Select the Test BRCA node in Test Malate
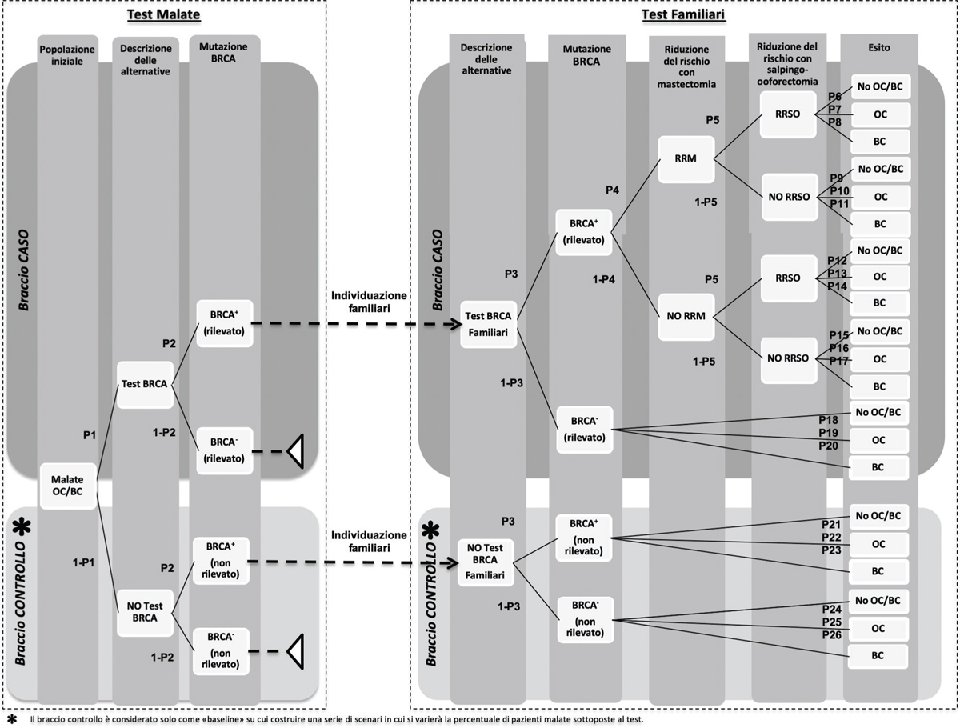[x=144, y=383]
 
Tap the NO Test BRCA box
[x=144, y=612]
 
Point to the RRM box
[x=685, y=158]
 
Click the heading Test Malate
[x=163, y=14]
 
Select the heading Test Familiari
[x=683, y=14]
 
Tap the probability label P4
[x=613, y=191]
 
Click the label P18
[x=828, y=420]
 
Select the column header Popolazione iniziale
[x=67, y=54]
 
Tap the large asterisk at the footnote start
[x=11, y=719]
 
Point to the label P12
[x=838, y=261]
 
